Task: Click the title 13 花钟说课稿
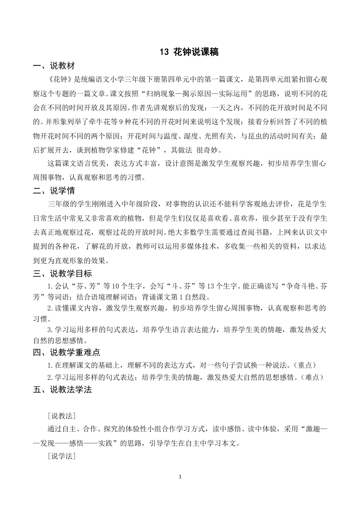pos(189,52)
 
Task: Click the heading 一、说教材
pos(54,66)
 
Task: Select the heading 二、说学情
pos(54,191)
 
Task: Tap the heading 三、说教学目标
pos(62,273)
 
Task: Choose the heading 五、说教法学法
pos(62,390)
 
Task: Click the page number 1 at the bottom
pos(180,477)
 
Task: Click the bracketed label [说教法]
pos(62,416)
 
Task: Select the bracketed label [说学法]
pos(62,457)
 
